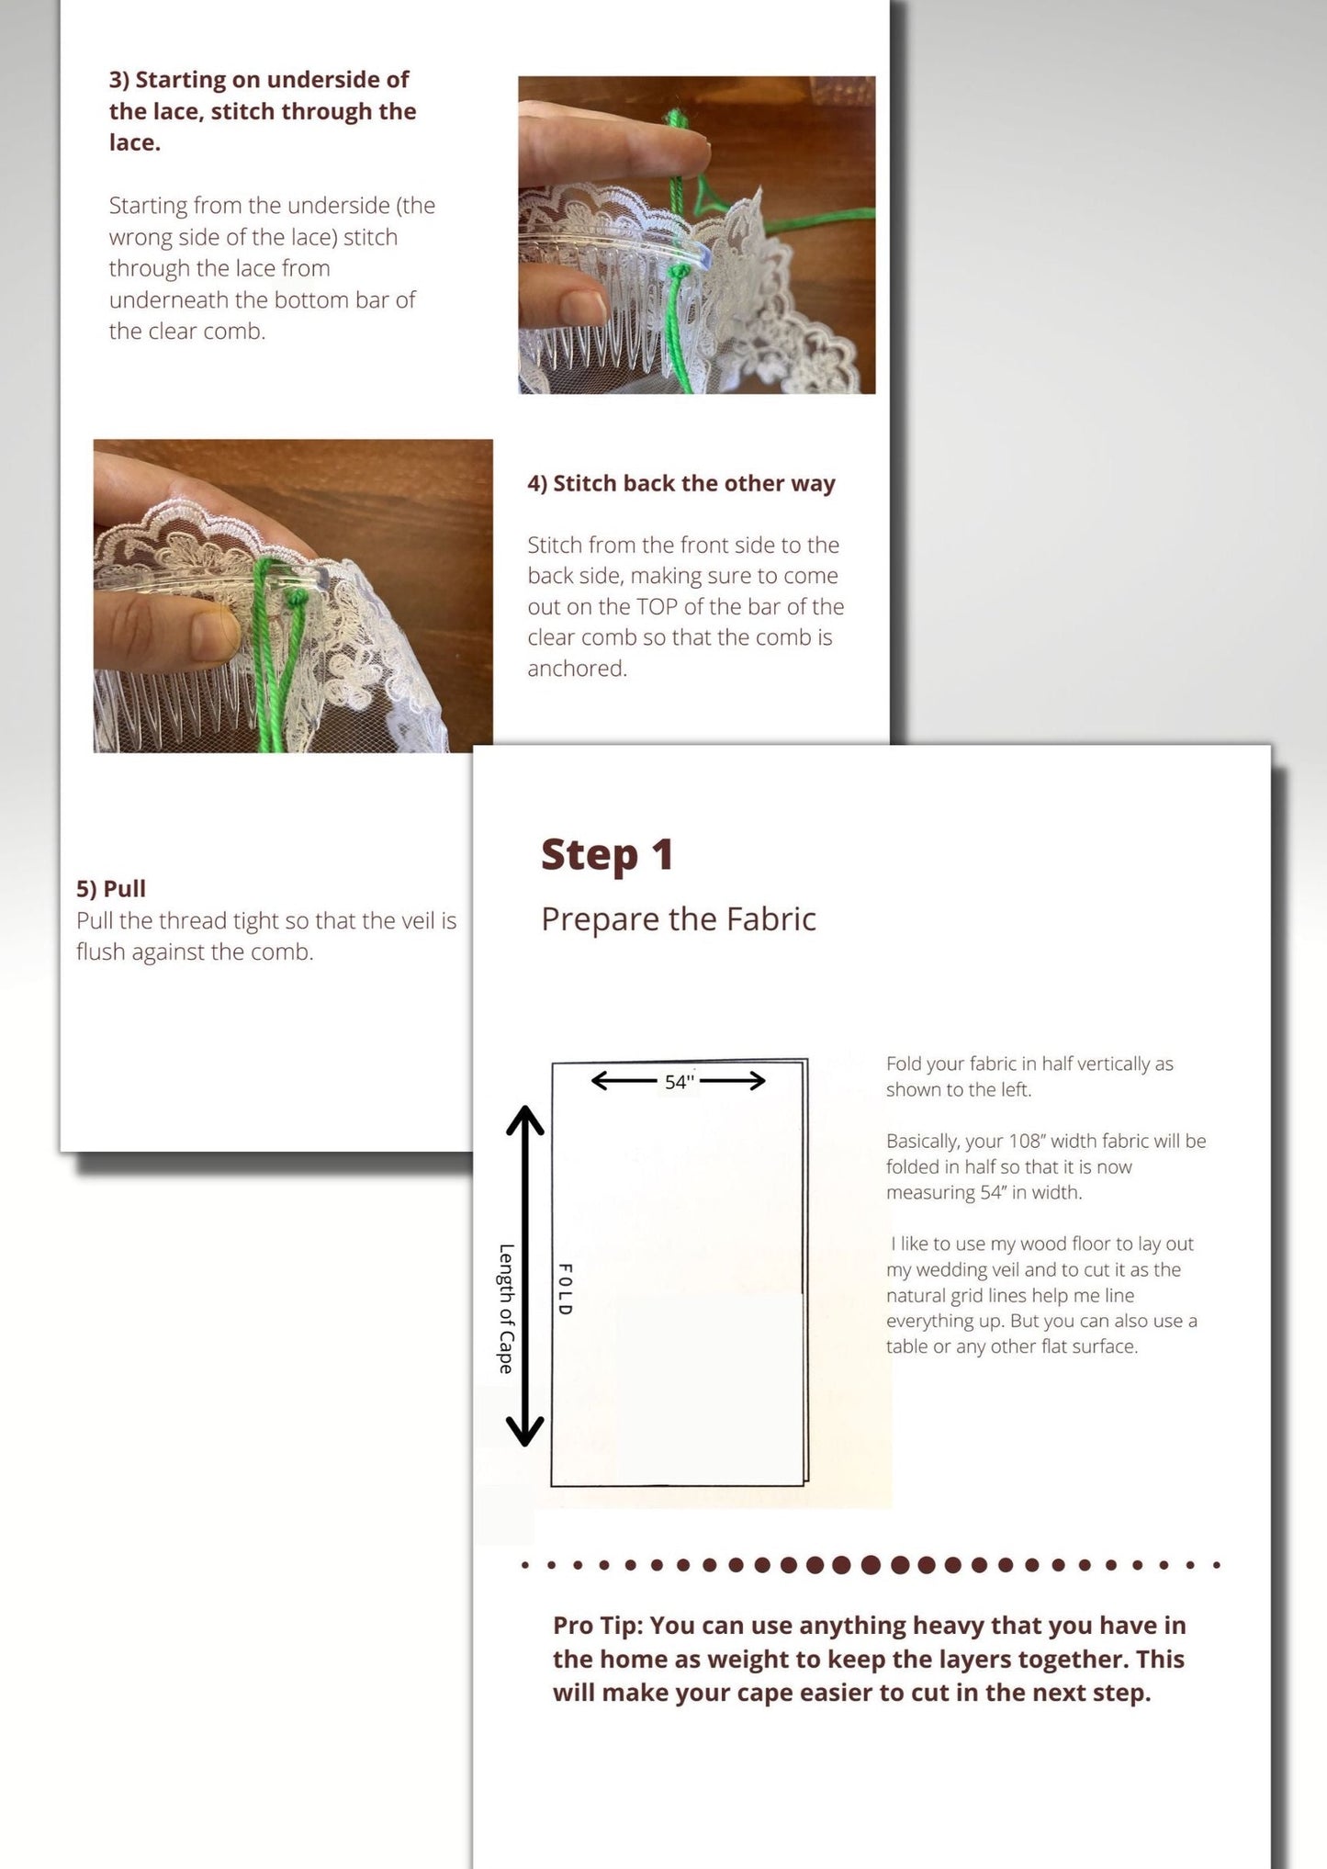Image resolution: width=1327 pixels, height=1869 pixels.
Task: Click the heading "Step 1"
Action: click(x=607, y=855)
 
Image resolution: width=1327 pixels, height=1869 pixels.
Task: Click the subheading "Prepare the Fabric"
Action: click(x=679, y=919)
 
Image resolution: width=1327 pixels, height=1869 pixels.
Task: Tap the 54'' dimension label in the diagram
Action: click(x=679, y=1082)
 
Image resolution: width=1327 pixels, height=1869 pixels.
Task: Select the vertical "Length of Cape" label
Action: click(x=505, y=1309)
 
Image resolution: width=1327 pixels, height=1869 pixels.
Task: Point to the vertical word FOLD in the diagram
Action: click(x=566, y=1289)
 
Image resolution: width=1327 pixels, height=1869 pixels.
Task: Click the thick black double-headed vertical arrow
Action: click(x=525, y=1277)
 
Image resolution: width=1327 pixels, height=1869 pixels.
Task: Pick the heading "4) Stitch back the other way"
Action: click(x=681, y=484)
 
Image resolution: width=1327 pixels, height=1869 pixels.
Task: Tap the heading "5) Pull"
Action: click(x=111, y=889)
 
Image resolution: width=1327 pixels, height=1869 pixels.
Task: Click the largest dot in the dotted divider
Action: click(x=872, y=1564)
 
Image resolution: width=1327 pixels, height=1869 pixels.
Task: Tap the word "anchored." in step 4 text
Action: click(x=577, y=669)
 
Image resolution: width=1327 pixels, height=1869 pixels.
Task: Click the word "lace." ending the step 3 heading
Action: click(x=135, y=142)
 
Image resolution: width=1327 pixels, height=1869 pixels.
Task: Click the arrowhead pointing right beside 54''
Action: click(x=757, y=1081)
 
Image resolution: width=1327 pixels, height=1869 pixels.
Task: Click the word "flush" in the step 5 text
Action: click(x=101, y=952)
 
